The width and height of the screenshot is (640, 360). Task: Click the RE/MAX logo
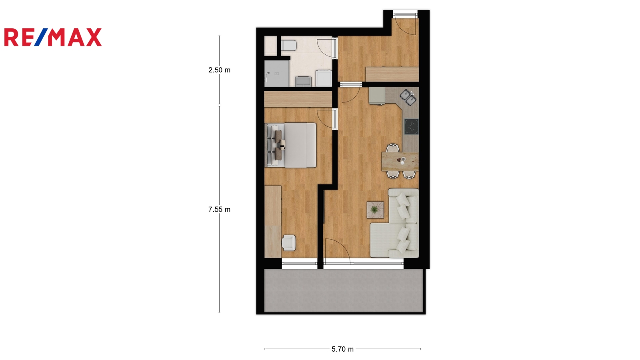coord(53,37)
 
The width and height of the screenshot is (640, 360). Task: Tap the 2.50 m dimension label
coord(219,70)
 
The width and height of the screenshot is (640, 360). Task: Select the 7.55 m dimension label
coord(219,210)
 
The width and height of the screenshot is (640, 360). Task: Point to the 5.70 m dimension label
coord(342,349)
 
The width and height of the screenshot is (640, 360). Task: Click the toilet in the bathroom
coord(288,45)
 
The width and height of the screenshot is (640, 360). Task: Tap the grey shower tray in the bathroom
coord(276,74)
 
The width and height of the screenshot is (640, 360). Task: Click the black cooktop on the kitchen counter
coord(412,126)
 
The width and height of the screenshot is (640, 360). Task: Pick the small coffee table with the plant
coord(376,210)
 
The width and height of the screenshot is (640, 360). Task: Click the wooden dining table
coord(400,162)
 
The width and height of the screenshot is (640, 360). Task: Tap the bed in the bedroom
coord(291,145)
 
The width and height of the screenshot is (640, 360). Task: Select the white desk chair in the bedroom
coord(288,243)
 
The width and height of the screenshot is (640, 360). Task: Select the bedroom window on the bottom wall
coord(300,264)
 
